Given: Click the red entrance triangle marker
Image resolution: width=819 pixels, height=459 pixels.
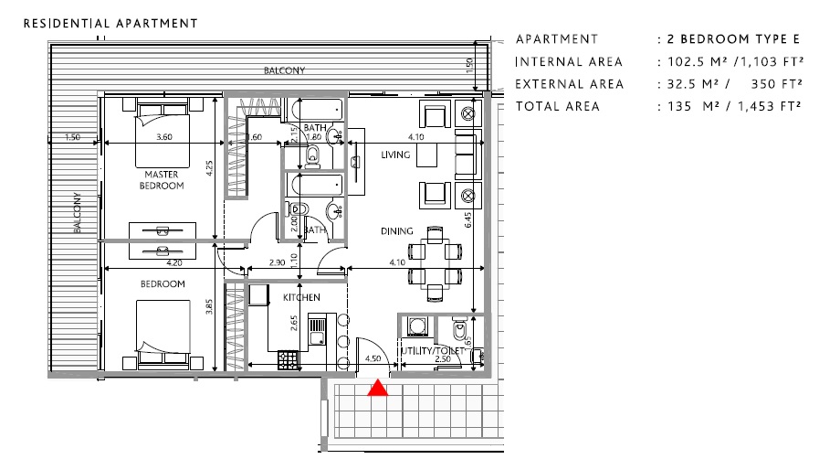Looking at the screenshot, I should point(377,389).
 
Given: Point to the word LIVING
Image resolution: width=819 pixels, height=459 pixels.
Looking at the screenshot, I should point(397,156).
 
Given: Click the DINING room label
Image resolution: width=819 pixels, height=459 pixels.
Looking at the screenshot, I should point(397,231).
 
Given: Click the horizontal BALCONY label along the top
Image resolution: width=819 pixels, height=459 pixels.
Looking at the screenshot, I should point(284,70).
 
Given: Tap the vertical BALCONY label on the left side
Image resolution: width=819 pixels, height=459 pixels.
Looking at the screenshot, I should point(78,213).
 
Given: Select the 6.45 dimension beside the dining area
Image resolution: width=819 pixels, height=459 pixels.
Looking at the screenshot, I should point(468,219).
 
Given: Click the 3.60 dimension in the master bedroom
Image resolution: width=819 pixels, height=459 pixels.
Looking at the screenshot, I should point(164,137).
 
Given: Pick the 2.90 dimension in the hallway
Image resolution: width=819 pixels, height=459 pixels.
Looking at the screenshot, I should point(278,263).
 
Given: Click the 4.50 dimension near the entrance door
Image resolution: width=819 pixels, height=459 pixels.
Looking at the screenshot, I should point(372,359).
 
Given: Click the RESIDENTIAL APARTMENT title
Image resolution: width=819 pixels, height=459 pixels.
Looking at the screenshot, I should point(110,22).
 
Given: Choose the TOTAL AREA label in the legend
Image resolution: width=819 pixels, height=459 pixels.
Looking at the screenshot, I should point(557,106).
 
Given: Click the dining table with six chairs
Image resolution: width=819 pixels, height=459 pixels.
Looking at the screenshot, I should point(435,262).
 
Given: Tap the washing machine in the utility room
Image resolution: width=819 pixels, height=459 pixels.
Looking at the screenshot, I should point(418,326).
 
